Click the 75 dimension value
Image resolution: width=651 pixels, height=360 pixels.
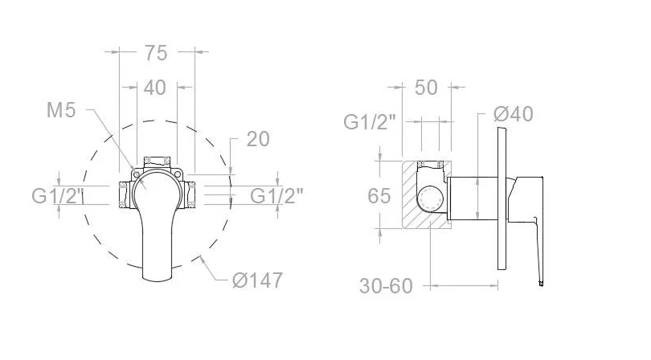[156, 53]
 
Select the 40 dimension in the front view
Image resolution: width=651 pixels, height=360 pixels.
[155, 88]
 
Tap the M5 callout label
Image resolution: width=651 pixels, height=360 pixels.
[61, 110]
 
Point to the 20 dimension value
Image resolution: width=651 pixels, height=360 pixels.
[258, 139]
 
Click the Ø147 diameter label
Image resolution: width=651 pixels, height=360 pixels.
[257, 280]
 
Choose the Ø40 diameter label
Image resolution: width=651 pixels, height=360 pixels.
[514, 114]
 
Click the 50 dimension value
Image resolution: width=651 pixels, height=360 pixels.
[426, 88]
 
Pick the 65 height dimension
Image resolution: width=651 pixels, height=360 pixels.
[379, 195]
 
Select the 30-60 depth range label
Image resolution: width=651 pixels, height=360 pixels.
[386, 286]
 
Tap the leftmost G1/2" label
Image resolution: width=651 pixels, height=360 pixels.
[58, 195]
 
